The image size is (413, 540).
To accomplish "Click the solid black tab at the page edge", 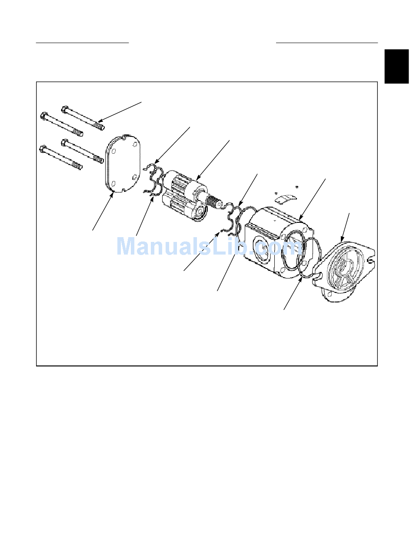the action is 396,66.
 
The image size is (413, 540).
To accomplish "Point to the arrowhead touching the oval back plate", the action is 112,195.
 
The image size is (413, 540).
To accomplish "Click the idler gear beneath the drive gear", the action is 183,206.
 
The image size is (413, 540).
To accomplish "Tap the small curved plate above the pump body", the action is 286,199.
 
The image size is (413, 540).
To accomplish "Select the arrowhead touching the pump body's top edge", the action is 301,217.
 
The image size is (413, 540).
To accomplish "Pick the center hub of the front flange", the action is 343,267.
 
